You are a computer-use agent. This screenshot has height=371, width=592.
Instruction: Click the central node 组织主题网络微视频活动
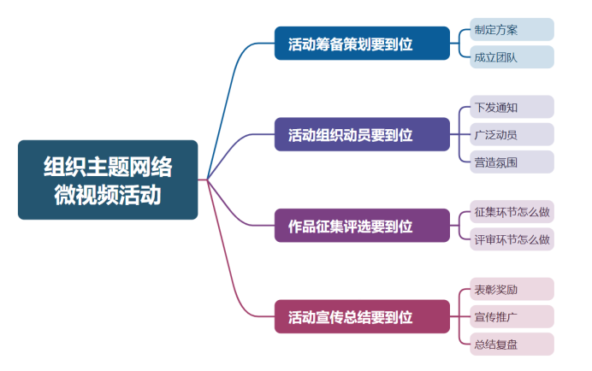pos(108,180)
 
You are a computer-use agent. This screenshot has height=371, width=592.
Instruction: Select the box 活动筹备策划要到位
pos(361,44)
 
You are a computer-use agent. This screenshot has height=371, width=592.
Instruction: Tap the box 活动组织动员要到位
pos(361,134)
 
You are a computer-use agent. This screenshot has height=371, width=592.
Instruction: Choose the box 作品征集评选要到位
pos(361,226)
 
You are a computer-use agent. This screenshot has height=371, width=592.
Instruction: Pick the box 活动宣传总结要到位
pos(361,316)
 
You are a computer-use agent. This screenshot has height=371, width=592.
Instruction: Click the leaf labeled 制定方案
pos(512,30)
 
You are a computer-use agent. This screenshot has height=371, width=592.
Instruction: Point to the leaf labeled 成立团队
pos(512,57)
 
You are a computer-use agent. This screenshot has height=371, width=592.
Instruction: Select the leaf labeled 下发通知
pos(512,107)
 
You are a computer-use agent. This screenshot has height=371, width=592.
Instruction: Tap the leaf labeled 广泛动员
pos(512,134)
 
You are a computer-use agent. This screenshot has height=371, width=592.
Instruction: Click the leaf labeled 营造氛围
pos(512,162)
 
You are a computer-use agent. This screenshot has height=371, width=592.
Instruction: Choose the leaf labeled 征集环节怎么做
pos(512,211)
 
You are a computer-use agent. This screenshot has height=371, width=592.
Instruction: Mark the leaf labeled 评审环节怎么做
pos(512,239)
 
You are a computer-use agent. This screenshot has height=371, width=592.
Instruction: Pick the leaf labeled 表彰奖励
pos(512,289)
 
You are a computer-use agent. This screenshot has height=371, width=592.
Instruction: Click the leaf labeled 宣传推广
pos(512,317)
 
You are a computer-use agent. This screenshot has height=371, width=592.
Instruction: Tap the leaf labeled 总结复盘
pos(512,344)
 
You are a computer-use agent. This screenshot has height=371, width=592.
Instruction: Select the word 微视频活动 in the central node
pos(108,195)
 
